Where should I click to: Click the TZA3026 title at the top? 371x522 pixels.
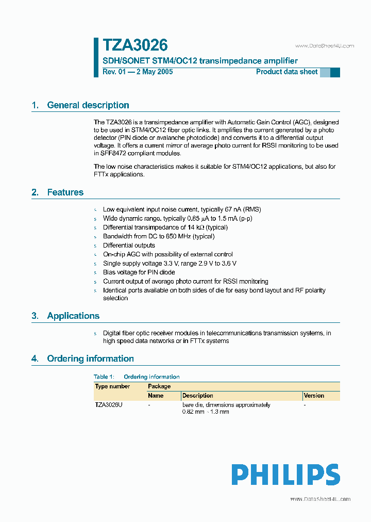(135, 45)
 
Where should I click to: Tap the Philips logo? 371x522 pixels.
(285, 475)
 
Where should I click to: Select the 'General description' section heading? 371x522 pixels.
(88, 105)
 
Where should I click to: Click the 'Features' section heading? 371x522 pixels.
(65, 192)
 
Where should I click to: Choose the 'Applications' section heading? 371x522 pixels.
(73, 316)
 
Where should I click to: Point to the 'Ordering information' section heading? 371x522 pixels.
(90, 358)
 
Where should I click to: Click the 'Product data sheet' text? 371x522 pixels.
(286, 72)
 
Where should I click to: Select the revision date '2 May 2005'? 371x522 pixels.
(154, 72)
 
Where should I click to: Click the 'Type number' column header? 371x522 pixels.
(112, 386)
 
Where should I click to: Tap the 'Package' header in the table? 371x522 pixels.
(159, 386)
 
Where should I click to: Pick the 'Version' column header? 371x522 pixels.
(314, 396)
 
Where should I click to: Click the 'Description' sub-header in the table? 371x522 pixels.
(197, 396)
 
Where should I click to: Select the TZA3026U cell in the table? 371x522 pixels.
(109, 405)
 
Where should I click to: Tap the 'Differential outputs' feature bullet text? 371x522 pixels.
(129, 245)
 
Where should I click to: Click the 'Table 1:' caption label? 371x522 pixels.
(104, 377)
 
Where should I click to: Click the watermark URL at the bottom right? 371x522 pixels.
(320, 499)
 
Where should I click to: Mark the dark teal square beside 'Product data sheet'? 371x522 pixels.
(335, 73)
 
